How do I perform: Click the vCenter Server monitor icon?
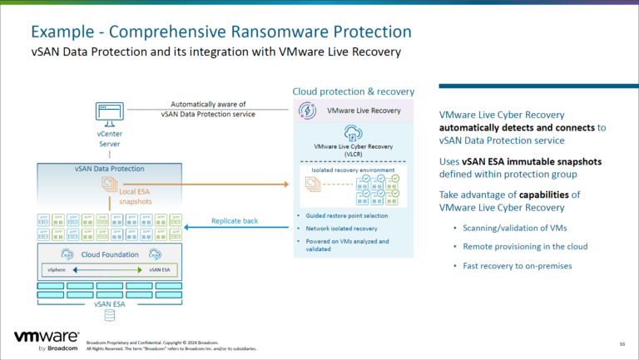tap(110, 113)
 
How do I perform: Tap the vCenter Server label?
tap(110, 138)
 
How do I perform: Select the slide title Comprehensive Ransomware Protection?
tap(221, 32)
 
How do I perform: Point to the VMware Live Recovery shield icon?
tap(306, 111)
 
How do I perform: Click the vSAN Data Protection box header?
tap(109, 169)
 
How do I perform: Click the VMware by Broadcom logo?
tap(47, 340)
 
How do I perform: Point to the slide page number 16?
tap(622, 343)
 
